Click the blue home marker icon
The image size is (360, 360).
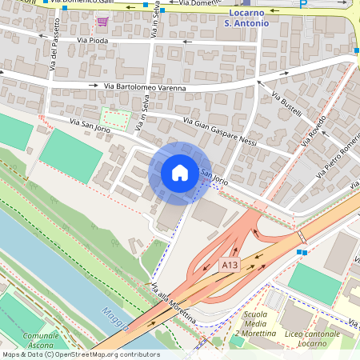coord(180,173)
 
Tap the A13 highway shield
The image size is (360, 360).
coord(230,265)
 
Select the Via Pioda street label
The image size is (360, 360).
coord(94,39)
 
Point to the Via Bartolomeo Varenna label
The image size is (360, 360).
coord(145,87)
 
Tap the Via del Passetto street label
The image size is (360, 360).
coord(54,67)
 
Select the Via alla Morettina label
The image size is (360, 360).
coord(174,302)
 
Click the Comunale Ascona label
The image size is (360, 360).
coord(41,341)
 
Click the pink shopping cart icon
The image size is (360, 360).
coord(102,20)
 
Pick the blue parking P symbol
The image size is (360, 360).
coord(303,4)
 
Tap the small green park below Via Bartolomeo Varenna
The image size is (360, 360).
coord(116,120)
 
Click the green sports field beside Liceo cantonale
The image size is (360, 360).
coord(314,282)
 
